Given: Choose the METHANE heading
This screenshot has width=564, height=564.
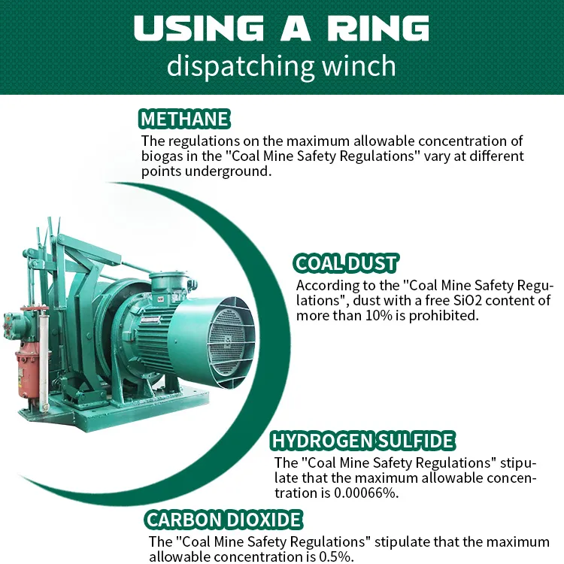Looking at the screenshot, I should point(184,119).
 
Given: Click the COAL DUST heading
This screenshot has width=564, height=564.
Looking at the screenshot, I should point(346,263).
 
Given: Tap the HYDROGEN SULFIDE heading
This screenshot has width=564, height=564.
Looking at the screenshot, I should point(362,440).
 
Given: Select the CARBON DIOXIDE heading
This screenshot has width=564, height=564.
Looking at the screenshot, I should point(224,520).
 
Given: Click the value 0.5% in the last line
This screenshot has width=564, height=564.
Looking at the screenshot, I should point(336,556).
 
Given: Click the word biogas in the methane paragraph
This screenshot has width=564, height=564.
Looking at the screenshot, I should point(162,156).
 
